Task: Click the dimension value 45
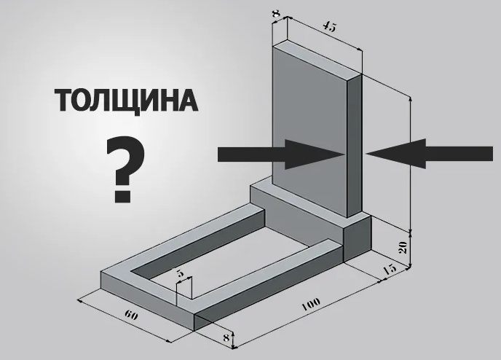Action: click(328, 27)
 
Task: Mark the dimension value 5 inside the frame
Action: click(181, 274)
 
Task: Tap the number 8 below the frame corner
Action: click(226, 337)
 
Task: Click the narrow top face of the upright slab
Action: click(317, 58)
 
